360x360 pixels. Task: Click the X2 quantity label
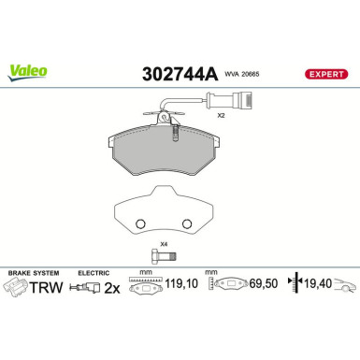click(x=222, y=117)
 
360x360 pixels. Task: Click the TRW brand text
click(x=48, y=289)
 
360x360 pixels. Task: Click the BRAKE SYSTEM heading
click(x=29, y=272)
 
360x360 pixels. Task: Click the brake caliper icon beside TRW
click(x=17, y=289)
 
